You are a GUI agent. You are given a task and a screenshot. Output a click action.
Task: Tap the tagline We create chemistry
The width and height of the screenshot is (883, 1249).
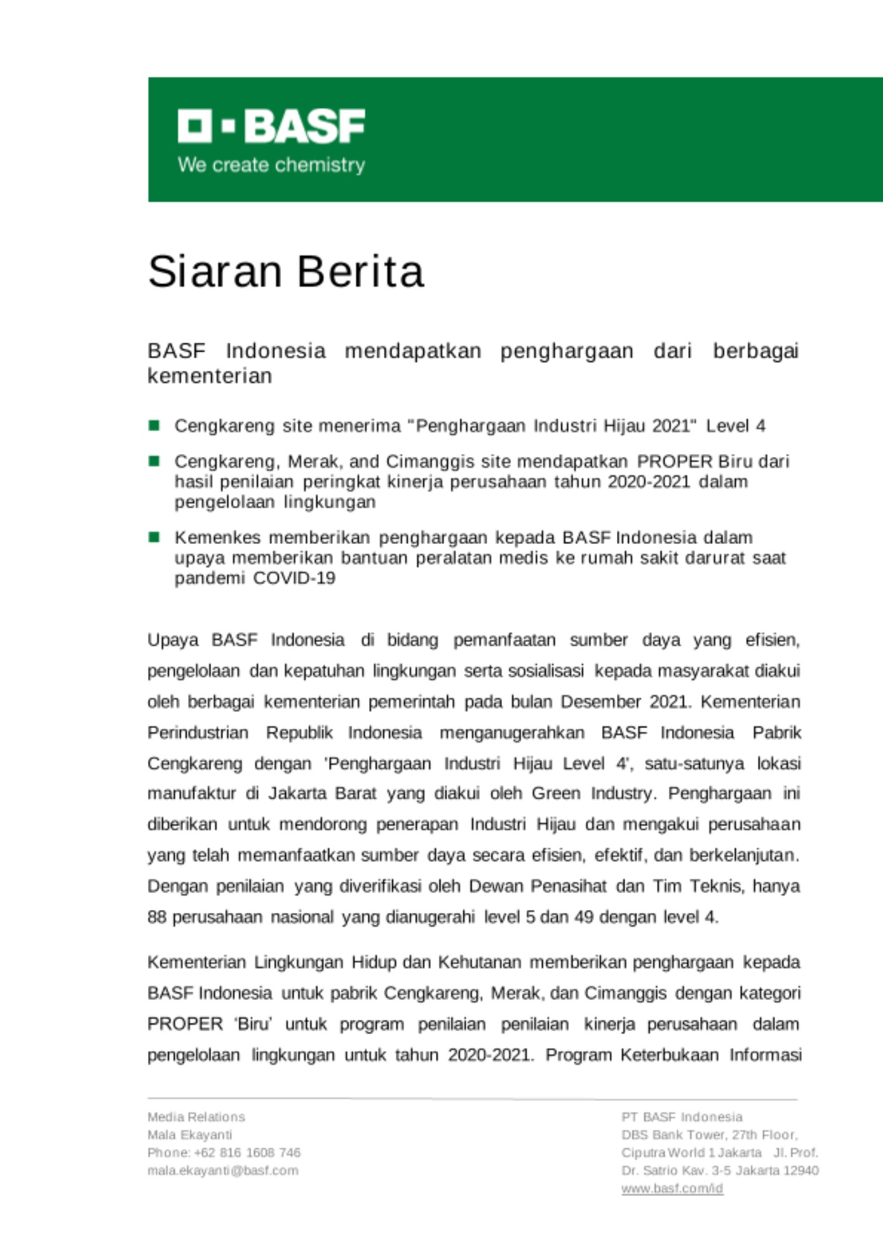point(271,165)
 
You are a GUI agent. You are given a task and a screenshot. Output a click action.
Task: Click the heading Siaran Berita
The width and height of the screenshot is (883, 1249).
point(286,272)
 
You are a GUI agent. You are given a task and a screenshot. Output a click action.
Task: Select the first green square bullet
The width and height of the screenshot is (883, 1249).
point(154,426)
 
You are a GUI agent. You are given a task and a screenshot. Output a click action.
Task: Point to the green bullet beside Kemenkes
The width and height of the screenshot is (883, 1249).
point(154,537)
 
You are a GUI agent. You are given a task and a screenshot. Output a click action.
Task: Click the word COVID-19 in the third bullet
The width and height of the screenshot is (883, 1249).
point(294,578)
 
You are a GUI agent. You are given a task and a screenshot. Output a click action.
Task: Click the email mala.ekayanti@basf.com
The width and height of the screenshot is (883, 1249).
point(223,1170)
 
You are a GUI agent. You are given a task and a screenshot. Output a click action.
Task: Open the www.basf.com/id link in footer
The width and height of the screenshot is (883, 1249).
point(672,1188)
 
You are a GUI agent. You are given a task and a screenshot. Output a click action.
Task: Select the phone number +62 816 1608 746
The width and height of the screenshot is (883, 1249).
point(247,1152)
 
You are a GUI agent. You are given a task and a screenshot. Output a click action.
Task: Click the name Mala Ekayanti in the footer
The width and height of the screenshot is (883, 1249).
point(190,1135)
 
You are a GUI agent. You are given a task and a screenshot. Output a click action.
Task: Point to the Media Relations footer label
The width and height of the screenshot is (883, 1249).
point(196,1117)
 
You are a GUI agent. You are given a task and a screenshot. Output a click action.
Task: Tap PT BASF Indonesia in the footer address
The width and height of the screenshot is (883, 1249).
point(682,1117)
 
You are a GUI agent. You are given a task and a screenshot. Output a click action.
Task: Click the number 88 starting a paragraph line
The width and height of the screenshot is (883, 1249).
point(157,917)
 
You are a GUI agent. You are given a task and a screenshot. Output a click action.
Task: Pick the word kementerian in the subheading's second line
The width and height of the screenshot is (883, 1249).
point(210,376)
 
